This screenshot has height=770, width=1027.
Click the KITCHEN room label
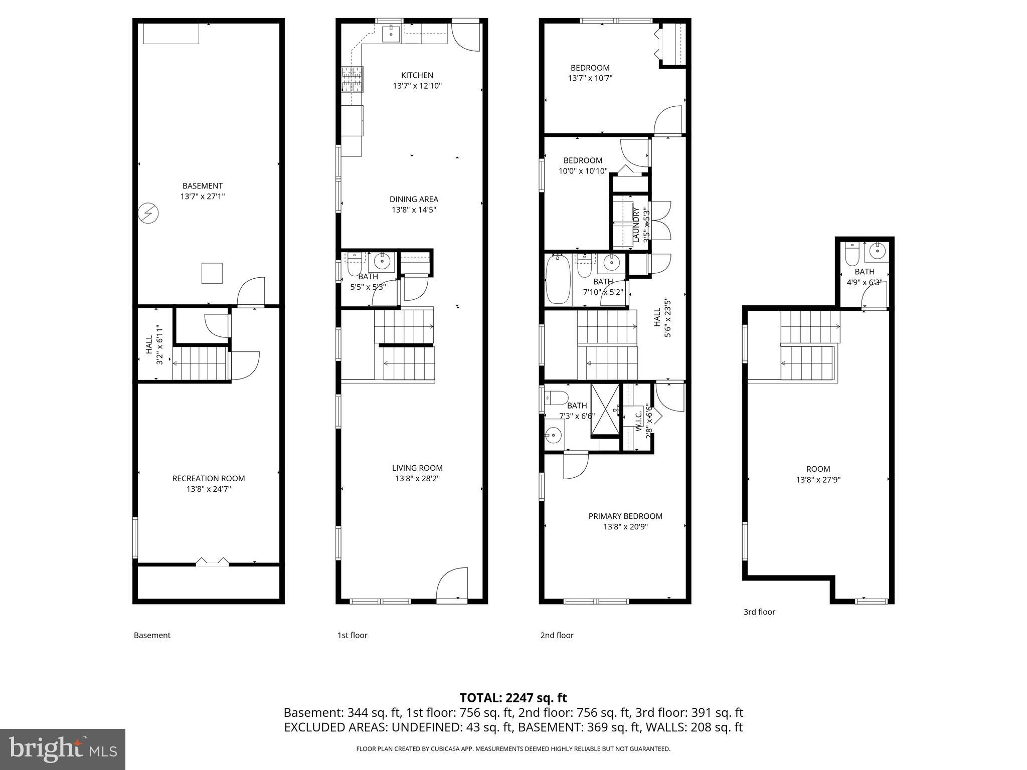417,76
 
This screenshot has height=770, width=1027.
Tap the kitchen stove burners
352,79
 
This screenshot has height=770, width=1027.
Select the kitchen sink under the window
391,34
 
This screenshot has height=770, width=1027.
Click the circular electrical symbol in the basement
148,214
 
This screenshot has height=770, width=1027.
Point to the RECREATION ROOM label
209,478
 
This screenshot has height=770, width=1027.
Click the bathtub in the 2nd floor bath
558,280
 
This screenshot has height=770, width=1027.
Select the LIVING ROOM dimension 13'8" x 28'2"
417,479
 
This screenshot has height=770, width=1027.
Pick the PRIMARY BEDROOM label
625,516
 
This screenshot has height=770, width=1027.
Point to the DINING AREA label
414,199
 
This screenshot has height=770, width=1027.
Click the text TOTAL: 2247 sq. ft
513,697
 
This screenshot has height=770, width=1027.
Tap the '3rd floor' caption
759,612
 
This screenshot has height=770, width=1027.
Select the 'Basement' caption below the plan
152,635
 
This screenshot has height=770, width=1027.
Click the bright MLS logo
63,749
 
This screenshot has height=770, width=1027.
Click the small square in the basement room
212,273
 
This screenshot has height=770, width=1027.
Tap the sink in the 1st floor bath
383,261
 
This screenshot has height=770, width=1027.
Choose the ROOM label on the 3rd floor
818,469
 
